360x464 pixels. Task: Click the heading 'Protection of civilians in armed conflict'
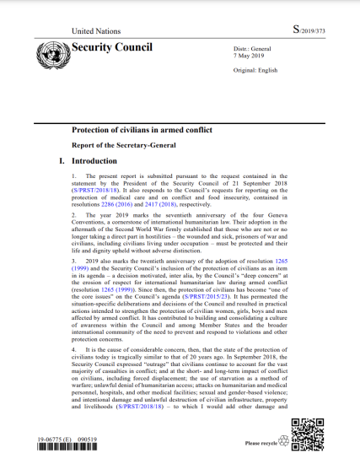147,130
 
